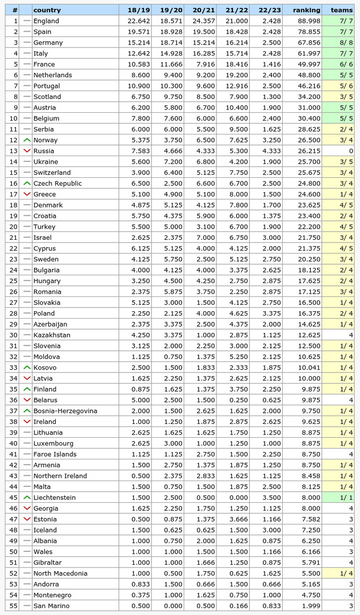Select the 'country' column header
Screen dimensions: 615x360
pyautogui.click(x=47, y=10)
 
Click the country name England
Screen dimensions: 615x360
pyautogui.click(x=46, y=21)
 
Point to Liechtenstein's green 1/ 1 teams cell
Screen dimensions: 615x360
pyautogui.click(x=341, y=498)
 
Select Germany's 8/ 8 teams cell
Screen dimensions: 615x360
pyautogui.click(x=341, y=42)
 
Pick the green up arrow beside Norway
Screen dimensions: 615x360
pyautogui.click(x=26, y=140)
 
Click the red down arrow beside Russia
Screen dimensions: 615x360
pyautogui.click(x=26, y=151)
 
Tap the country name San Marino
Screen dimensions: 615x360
pyautogui.click(x=51, y=605)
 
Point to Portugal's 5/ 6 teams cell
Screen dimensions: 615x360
pyautogui.click(x=341, y=86)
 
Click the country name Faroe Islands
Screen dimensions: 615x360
pyautogui.click(x=55, y=454)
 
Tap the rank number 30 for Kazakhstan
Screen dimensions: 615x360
pyautogui.click(x=13, y=335)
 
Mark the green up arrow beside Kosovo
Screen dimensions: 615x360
pyautogui.click(x=26, y=367)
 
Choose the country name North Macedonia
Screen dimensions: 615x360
pyautogui.click(x=60, y=573)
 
